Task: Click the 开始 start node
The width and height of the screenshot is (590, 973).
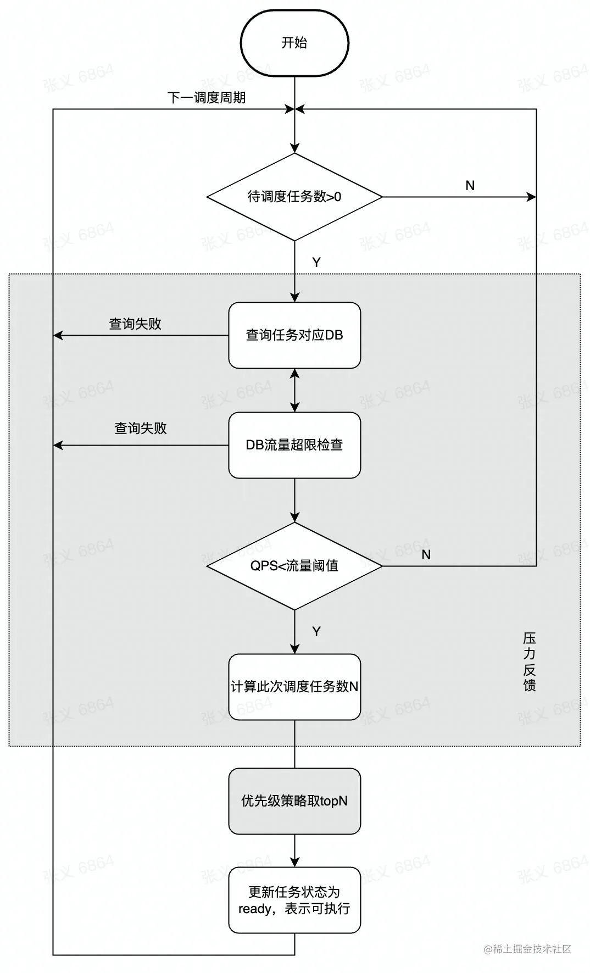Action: [294, 43]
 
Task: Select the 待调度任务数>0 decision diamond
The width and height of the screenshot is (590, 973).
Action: [294, 197]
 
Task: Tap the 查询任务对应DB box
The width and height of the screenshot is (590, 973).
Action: [294, 335]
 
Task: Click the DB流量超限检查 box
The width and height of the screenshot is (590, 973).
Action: [294, 445]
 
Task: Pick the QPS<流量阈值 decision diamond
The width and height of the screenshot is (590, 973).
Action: [294, 566]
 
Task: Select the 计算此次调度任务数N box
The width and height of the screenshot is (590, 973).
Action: [294, 687]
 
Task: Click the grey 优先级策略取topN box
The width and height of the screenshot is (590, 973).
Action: [294, 801]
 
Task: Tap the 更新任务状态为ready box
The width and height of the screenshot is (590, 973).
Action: [294, 900]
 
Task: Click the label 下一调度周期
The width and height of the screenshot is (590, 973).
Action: [207, 98]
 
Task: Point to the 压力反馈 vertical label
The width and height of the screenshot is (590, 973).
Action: [529, 661]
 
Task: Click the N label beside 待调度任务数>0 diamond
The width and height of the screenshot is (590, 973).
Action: [470, 186]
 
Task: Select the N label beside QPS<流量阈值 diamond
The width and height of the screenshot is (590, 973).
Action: [426, 555]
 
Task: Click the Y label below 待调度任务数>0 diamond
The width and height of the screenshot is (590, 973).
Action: [316, 263]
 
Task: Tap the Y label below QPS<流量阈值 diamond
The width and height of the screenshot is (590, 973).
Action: [316, 632]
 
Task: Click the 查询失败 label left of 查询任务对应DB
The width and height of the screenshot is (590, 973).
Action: [135, 324]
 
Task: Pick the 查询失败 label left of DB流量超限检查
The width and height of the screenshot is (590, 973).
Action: [141, 429]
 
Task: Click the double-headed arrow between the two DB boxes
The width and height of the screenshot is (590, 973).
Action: [294, 390]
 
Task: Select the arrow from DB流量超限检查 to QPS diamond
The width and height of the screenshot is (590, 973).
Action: [294, 500]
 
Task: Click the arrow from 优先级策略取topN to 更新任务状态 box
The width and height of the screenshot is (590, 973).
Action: [294, 850]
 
